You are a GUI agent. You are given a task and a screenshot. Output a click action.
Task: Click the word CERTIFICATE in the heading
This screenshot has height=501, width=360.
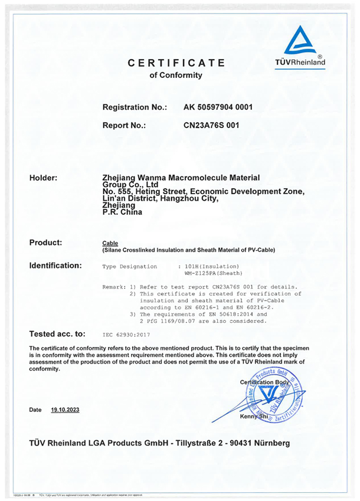click(176, 63)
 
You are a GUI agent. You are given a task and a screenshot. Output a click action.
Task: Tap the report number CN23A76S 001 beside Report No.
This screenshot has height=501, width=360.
click(212, 125)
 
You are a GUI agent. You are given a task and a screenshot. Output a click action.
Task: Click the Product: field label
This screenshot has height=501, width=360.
click(45, 243)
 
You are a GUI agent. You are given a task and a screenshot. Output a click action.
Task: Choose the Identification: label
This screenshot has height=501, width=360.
click(55, 266)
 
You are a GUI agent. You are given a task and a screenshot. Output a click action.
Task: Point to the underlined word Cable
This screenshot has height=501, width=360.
click(110, 243)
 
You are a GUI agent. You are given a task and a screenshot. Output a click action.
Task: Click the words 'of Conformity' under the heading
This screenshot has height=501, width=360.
click(176, 76)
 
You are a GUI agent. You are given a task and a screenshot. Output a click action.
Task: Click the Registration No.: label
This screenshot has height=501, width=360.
click(135, 107)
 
